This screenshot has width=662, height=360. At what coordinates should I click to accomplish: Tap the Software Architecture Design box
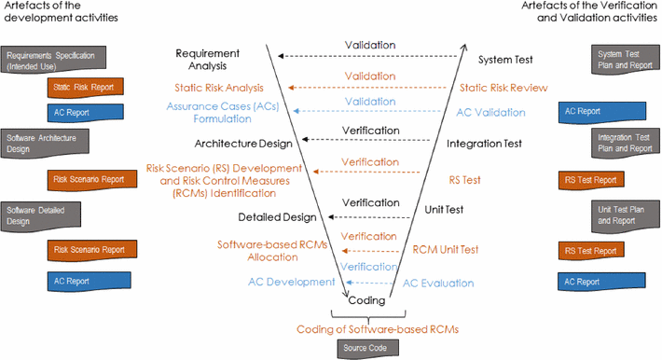34,142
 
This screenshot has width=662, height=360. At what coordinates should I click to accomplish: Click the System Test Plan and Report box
624,60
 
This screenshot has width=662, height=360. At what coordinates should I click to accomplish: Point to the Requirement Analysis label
207,59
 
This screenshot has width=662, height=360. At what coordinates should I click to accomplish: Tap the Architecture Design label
243,144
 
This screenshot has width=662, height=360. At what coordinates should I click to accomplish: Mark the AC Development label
291,282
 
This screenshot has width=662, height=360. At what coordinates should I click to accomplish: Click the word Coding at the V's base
366,300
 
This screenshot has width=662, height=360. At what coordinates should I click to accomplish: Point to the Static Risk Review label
503,88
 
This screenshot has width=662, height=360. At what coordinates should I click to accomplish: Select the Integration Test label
484,144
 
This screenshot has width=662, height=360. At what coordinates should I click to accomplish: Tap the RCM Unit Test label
446,249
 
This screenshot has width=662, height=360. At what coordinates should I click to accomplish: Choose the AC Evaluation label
438,283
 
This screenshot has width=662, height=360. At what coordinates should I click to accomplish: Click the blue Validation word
369,102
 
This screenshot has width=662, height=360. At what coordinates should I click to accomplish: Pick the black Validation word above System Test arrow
369,45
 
